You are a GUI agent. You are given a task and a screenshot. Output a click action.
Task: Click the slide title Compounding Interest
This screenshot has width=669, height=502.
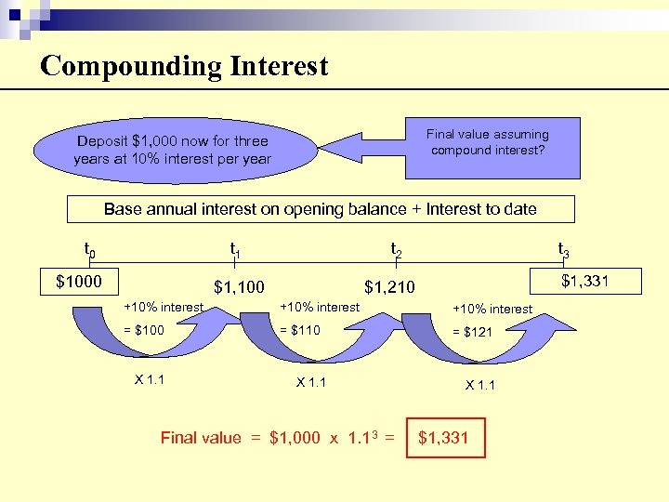pos(184,66)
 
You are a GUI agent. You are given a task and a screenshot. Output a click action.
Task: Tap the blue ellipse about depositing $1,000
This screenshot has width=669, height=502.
pos(173,151)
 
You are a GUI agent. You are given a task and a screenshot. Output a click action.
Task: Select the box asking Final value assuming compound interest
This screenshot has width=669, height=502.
pos(488,142)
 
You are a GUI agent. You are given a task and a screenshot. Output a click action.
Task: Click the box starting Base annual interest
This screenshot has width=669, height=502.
pos(320,209)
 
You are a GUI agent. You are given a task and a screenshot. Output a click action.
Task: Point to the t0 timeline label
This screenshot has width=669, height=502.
pos(90,249)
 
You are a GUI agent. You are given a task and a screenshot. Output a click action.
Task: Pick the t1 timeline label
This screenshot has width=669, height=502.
pos(236,249)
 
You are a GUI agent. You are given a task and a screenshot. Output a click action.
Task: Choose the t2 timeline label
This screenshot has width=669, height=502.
pos(397,249)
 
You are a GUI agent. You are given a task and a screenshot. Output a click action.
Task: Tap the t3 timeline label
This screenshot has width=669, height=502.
pos(563,249)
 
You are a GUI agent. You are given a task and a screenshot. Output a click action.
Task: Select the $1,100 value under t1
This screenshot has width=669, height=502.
pos(239,287)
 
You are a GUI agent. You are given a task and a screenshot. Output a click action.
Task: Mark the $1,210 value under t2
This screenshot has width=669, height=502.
pos(389,287)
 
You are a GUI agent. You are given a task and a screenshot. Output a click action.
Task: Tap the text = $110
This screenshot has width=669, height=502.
pos(300,330)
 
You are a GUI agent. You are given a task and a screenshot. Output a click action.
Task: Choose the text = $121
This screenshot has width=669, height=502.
pos(472,332)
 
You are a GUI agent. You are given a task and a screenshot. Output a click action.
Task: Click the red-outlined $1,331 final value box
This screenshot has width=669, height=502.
pos(444,437)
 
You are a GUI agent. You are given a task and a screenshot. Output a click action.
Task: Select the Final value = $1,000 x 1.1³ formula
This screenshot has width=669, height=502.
pos(278,438)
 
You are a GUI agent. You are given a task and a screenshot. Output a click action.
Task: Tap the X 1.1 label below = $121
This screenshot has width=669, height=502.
pos(481,384)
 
